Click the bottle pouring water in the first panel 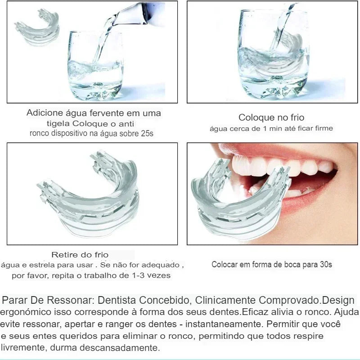pyautogui.click(x=139, y=13)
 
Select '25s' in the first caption pyautogui.click(x=147, y=133)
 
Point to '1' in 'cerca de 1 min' pyautogui.click(x=265, y=129)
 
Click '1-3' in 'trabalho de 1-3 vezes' pyautogui.click(x=139, y=275)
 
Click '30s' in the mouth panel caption pyautogui.click(x=326, y=265)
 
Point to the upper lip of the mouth pyautogui.click(x=275, y=150)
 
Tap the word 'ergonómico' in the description pyautogui.click(x=26, y=312)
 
